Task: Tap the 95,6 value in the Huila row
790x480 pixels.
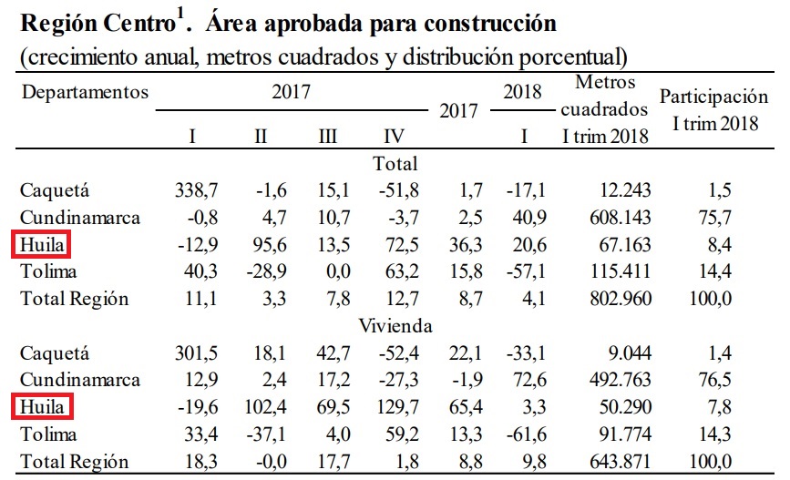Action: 261,245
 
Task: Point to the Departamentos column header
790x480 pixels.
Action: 85,92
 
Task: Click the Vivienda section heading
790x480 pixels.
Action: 395,325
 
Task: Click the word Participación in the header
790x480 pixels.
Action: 713,97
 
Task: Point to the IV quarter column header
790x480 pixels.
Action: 394,137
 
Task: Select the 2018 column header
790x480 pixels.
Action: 522,92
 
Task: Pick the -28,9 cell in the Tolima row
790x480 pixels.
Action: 261,271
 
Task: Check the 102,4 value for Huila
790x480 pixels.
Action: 261,406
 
